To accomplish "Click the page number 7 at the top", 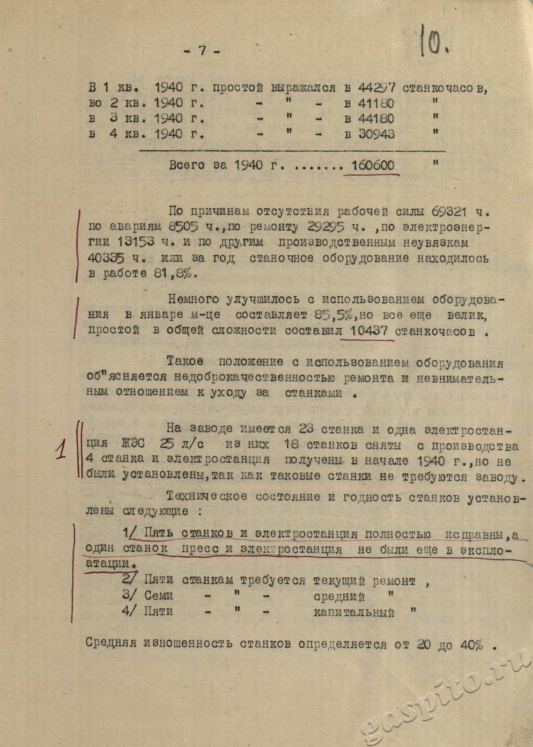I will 203,51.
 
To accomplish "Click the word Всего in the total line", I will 187,165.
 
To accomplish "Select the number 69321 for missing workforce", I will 450,211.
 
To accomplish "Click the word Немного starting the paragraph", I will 193,300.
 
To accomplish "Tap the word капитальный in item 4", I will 354,612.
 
